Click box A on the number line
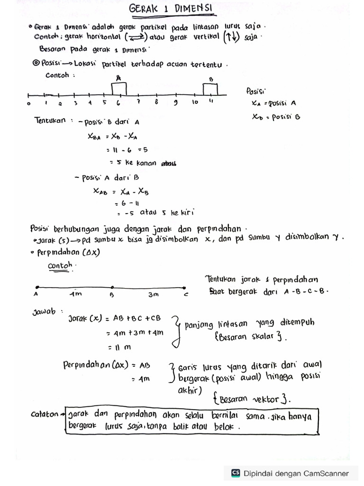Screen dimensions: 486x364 119,88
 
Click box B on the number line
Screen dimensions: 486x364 210,88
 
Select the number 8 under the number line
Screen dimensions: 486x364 156,102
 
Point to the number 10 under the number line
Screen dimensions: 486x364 195,102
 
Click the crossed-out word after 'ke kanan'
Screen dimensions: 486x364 169,163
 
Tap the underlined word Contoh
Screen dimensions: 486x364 60,266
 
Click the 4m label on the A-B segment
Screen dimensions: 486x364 75,295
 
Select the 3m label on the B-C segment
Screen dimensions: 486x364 153,295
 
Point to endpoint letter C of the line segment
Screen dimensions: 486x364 185,295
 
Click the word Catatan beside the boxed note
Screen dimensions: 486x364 45,414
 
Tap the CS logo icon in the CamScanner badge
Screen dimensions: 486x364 236,473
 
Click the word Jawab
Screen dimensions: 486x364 44,312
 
